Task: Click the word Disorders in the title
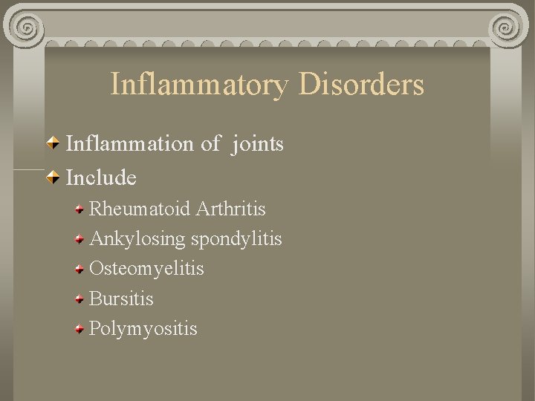pos(362,84)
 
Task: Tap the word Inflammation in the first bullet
pos(130,143)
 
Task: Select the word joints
pos(258,144)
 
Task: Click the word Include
pos(102,177)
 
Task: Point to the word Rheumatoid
pos(140,209)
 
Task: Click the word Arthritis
pos(231,209)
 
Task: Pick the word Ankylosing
pos(137,239)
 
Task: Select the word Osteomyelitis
pos(146,268)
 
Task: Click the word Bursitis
pos(121,299)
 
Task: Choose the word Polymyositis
pos(143,328)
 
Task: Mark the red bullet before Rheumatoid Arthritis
pos(80,209)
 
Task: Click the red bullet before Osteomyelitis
pos(80,269)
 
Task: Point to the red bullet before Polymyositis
pos(80,329)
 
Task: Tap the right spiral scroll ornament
pos(508,27)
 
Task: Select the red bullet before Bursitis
pos(80,299)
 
